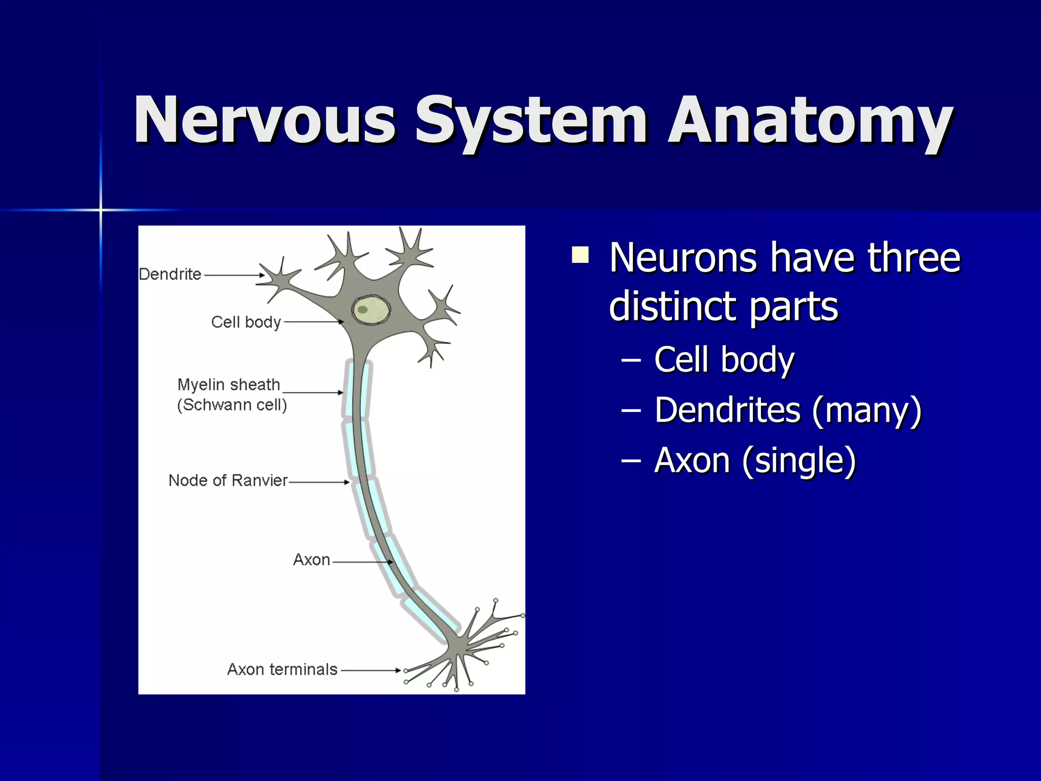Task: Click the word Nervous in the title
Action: click(x=264, y=121)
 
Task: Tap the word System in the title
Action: click(x=531, y=122)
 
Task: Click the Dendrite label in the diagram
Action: click(x=170, y=275)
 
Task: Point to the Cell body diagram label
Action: click(x=246, y=322)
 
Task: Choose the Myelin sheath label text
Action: click(x=229, y=385)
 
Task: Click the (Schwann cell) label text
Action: click(x=232, y=405)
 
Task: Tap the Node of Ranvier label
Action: click(x=228, y=480)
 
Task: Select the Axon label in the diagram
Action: click(x=312, y=560)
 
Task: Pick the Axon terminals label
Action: click(x=282, y=670)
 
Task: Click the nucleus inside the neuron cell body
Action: click(x=371, y=310)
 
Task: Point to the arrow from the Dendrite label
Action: click(x=234, y=275)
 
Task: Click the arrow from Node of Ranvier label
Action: click(x=319, y=482)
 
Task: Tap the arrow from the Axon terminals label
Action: click(x=371, y=670)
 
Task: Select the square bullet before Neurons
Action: click(x=580, y=255)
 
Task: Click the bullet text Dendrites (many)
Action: click(x=788, y=410)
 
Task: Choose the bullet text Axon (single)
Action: click(x=755, y=461)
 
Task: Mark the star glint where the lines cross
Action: click(x=101, y=209)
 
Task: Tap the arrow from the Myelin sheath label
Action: click(x=313, y=393)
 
